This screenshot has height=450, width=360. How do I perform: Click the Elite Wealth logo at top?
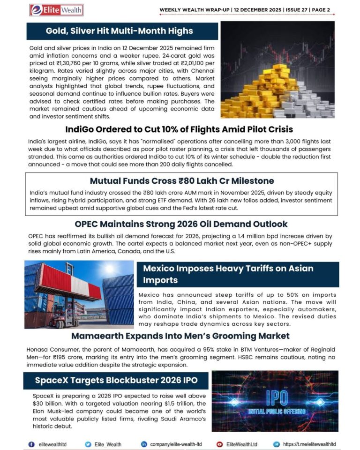click(x=56, y=9)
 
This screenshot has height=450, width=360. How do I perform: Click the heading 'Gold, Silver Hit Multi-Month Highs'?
click(x=119, y=31)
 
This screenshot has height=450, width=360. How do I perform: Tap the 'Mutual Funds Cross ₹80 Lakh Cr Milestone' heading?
click(x=181, y=181)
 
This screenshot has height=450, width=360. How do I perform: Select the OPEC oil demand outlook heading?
click(x=181, y=224)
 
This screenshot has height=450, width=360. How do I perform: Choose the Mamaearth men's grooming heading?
click(x=180, y=336)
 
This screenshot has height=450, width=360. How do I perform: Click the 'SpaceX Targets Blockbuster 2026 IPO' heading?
click(x=116, y=380)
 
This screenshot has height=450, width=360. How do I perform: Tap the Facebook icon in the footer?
click(x=32, y=444)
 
